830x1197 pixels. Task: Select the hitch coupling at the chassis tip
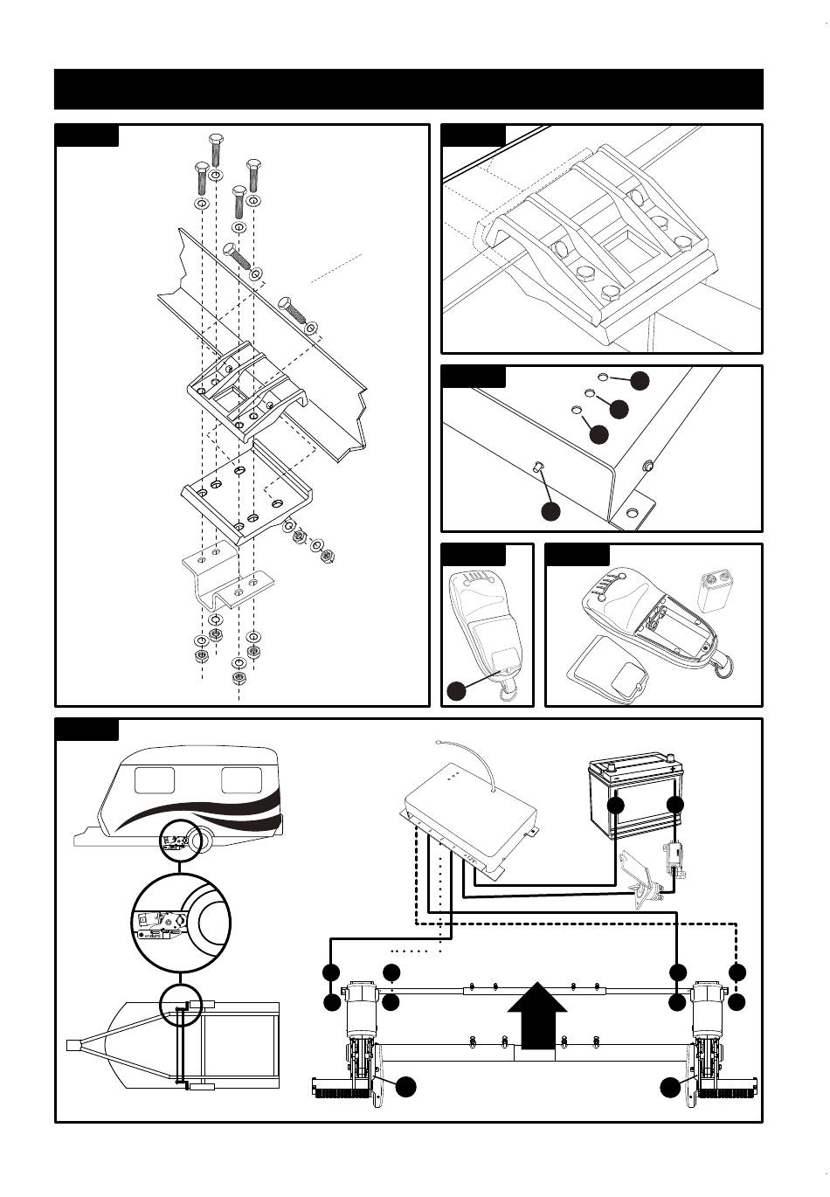73,1044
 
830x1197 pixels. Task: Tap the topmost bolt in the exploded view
215,149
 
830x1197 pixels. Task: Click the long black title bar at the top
409,89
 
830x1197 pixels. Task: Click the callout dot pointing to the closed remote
455,690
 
